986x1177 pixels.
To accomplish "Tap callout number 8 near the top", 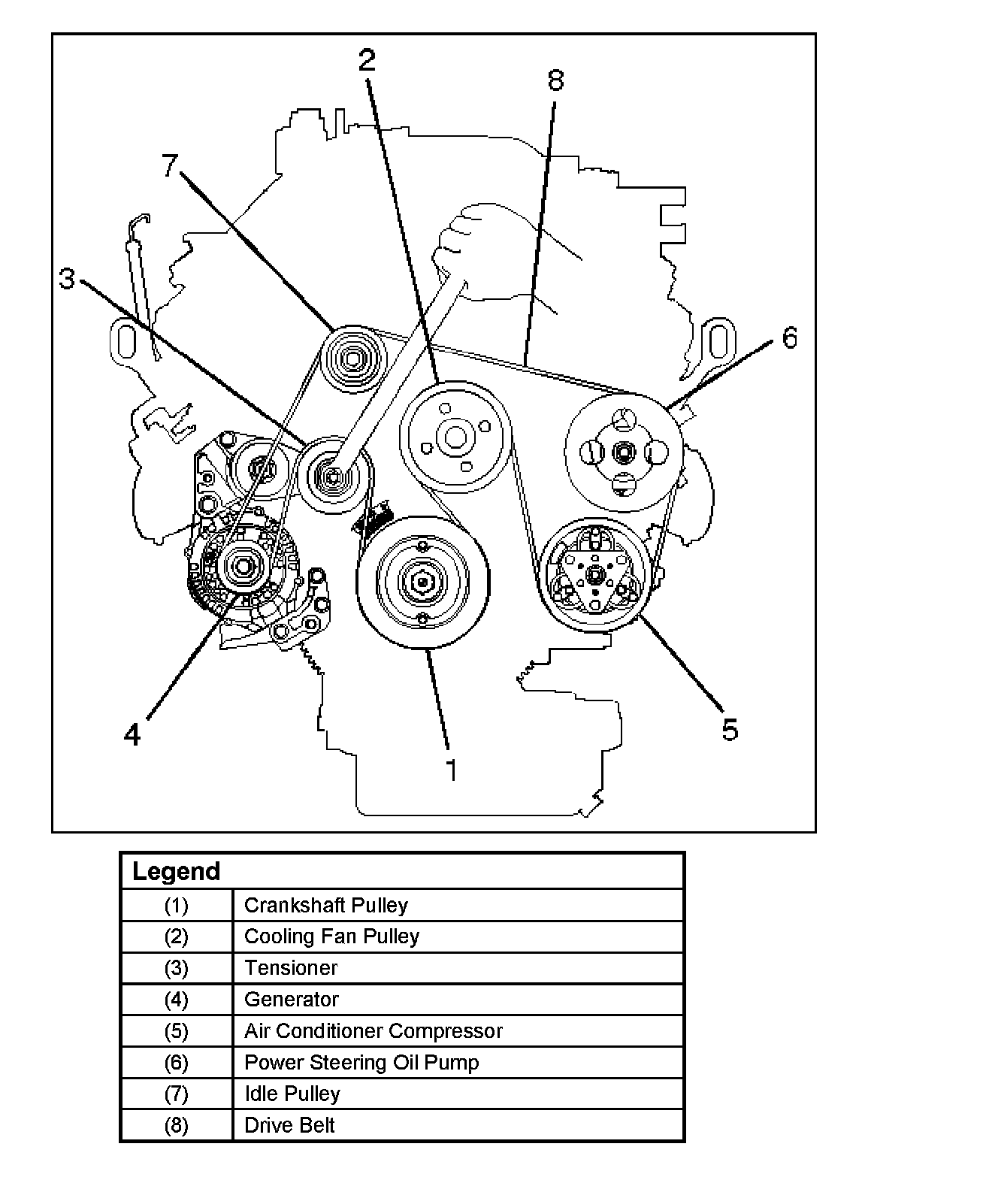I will click(555, 80).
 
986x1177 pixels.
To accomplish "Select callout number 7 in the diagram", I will click(171, 165).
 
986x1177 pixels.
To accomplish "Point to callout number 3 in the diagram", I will click(68, 280).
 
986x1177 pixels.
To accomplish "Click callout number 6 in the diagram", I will click(789, 337).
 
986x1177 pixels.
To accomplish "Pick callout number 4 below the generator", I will click(132, 734).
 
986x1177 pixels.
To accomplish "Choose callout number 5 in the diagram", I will click(730, 729).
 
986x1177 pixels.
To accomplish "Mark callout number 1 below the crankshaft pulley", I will click(452, 770).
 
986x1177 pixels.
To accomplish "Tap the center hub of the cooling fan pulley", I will click(454, 437).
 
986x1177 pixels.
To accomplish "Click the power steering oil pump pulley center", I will click(624, 453).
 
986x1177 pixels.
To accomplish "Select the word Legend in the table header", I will click(176, 872).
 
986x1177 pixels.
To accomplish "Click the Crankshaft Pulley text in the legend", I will click(325, 905).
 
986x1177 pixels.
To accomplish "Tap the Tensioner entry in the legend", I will click(291, 968).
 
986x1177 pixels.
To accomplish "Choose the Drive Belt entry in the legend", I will click(289, 1125).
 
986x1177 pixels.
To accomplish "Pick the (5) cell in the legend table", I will click(176, 1031).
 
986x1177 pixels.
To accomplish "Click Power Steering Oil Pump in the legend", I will click(361, 1063).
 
